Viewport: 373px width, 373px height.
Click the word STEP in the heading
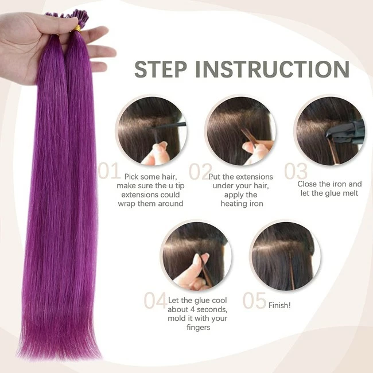pyautogui.click(x=161, y=69)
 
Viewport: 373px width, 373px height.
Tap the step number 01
pyautogui.click(x=109, y=171)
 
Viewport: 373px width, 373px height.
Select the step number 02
pyautogui.click(x=200, y=171)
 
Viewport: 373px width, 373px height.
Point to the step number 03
pyautogui.click(x=296, y=171)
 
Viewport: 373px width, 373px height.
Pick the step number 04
pyautogui.click(x=155, y=301)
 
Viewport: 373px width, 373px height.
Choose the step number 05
pyautogui.click(x=254, y=301)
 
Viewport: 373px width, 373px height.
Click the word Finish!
pyautogui.click(x=279, y=305)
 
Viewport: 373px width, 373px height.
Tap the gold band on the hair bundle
pyautogui.click(x=77, y=28)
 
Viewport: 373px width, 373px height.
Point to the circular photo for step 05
pyautogui.click(x=285, y=256)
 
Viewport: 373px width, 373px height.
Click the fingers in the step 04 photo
pyautogui.click(x=193, y=274)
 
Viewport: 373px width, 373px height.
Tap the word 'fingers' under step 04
pyautogui.click(x=199, y=328)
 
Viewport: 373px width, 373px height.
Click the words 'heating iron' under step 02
pyautogui.click(x=242, y=204)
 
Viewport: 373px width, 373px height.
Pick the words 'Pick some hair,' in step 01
pyautogui.click(x=150, y=177)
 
